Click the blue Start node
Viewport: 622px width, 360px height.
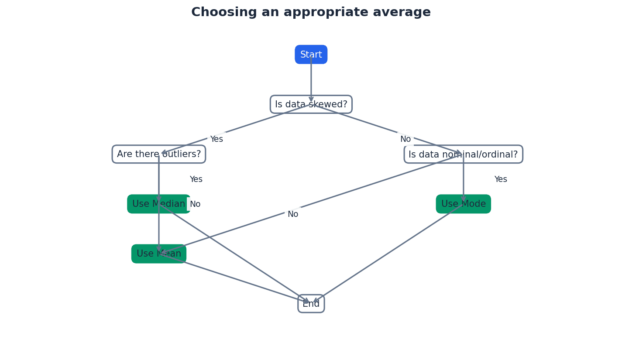311,55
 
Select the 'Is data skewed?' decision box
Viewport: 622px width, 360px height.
311,104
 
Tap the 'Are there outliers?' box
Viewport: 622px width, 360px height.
158,154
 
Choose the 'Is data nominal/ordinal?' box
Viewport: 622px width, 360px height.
463,154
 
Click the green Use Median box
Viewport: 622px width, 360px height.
158,204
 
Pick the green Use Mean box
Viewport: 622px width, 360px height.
158,254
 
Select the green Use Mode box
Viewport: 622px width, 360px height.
463,204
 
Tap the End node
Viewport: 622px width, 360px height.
311,304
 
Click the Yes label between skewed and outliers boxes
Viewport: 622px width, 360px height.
216,139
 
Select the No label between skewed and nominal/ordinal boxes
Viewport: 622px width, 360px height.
406,139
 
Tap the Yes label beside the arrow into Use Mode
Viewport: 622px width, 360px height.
501,179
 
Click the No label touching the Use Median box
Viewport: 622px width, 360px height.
195,204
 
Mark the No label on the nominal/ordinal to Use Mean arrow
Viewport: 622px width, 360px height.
293,214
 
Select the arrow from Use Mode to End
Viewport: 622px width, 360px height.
388,253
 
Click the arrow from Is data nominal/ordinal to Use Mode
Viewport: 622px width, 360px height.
463,179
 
